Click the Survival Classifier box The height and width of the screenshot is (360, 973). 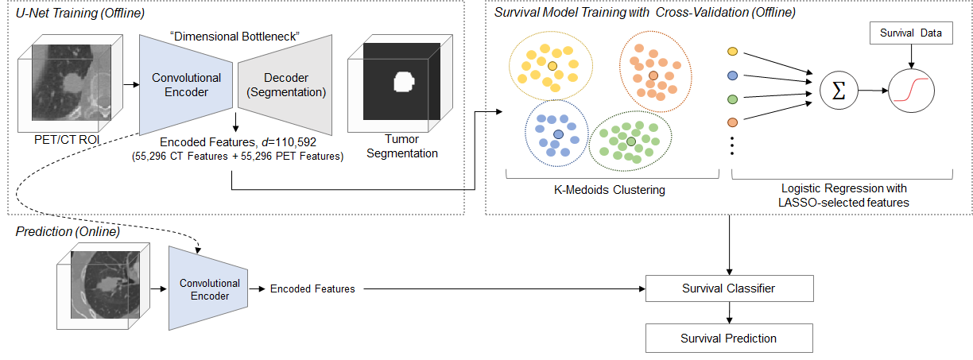pos(729,288)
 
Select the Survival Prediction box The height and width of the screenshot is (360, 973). pos(729,338)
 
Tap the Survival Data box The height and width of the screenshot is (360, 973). pos(911,33)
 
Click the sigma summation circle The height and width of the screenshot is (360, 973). pos(839,91)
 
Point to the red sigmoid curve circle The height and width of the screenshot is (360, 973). pos(911,91)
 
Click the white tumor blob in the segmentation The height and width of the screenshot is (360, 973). pos(404,82)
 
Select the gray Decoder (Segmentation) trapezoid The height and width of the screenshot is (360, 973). pos(285,85)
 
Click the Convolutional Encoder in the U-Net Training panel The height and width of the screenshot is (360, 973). pos(186,85)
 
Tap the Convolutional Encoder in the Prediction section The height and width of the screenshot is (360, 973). pos(208,288)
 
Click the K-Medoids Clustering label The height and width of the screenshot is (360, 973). pos(610,190)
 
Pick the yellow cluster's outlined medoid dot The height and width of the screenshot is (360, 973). pos(552,66)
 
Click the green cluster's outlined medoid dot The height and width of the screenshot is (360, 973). pos(631,141)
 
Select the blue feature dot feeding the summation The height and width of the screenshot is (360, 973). pos(732,75)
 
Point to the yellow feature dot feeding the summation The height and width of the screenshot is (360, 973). pos(732,52)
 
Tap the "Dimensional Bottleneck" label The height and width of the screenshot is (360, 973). pos(235,37)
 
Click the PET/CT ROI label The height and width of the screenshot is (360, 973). pos(67,140)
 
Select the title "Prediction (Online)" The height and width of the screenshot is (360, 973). pos(68,231)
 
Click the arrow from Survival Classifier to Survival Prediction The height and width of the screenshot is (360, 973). pos(729,312)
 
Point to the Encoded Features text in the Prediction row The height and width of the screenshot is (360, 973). pos(312,288)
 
